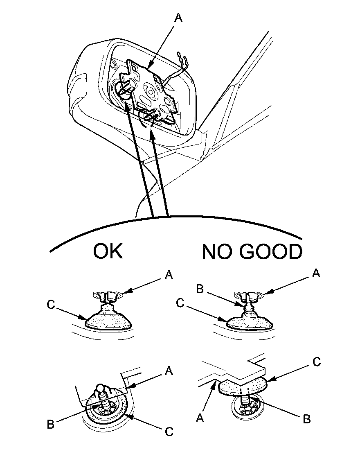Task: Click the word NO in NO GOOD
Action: [216, 252]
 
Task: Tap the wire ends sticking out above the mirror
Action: [180, 57]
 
